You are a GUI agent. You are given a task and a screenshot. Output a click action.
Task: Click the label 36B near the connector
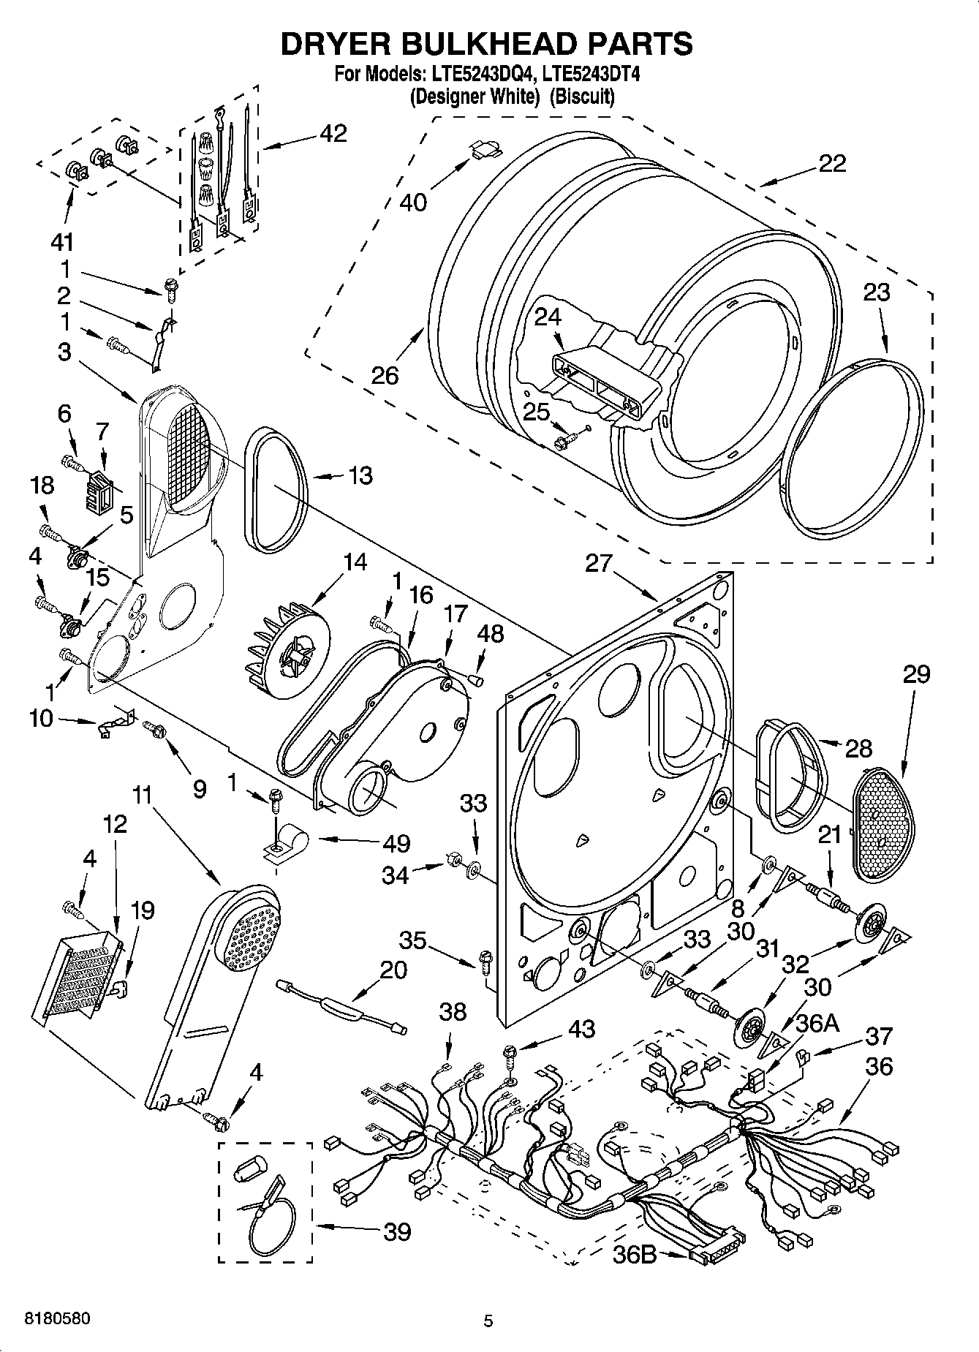(x=635, y=1254)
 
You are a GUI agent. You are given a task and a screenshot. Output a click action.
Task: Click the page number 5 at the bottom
(x=488, y=1321)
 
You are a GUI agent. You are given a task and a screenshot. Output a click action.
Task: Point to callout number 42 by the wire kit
(x=333, y=134)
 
